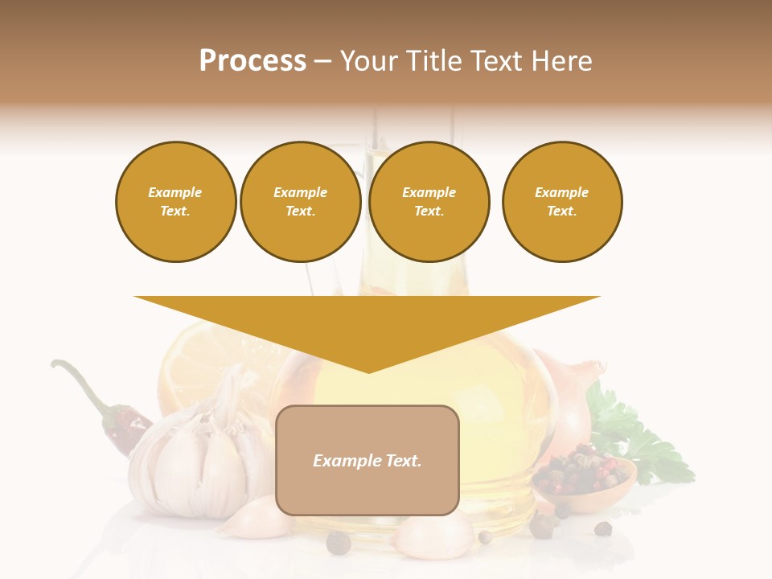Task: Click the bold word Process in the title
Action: (x=253, y=61)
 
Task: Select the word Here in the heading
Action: (x=563, y=61)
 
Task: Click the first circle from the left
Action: (x=175, y=201)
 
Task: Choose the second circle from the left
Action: (x=300, y=201)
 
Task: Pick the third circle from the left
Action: (x=429, y=201)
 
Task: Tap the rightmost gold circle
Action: (x=561, y=201)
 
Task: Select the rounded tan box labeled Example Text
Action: (x=367, y=460)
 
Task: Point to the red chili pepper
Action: (x=125, y=426)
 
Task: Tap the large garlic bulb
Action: (x=193, y=458)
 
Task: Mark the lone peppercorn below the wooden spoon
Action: (x=602, y=528)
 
